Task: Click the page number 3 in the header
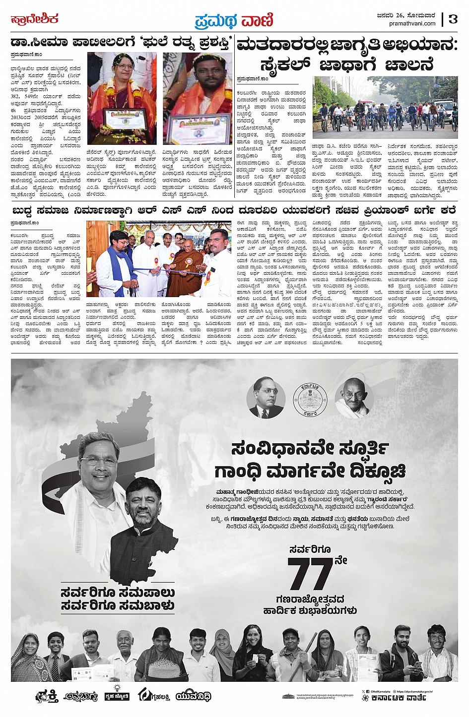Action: [x=453, y=19]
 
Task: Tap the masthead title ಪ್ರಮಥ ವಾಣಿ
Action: [x=234, y=20]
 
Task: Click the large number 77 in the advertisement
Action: [x=310, y=574]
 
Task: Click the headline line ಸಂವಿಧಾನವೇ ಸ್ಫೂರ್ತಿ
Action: [x=310, y=449]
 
